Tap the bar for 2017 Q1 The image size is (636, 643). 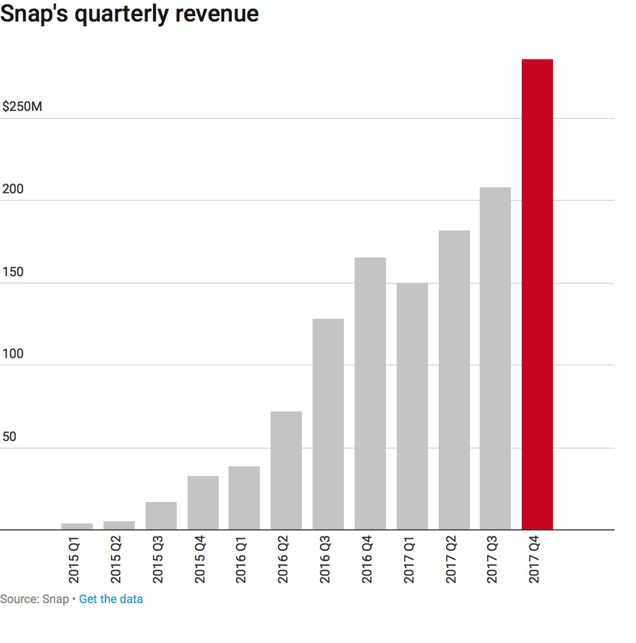pyautogui.click(x=412, y=407)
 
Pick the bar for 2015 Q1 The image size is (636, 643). pyautogui.click(x=77, y=527)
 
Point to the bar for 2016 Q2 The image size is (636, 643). pyautogui.click(x=286, y=471)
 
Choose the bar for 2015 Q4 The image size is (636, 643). pyautogui.click(x=203, y=503)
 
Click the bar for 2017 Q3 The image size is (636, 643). pyautogui.click(x=495, y=359)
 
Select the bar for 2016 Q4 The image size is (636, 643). pyautogui.click(x=370, y=394)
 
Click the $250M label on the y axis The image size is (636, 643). pyautogui.click(x=22, y=107)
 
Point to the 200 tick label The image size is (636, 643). pyautogui.click(x=13, y=189)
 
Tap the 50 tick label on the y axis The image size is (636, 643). pyautogui.click(x=9, y=437)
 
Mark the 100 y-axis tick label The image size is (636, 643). pyautogui.click(x=13, y=354)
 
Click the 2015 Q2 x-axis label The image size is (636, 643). pyautogui.click(x=116, y=560)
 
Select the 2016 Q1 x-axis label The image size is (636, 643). pyautogui.click(x=241, y=560)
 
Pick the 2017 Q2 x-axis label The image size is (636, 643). pyautogui.click(x=451, y=560)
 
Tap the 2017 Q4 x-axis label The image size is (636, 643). pyautogui.click(x=534, y=560)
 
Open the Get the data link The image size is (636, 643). pyautogui.click(x=111, y=599)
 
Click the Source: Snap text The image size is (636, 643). pyautogui.click(x=34, y=599)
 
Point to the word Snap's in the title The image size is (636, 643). pyautogui.click(x=34, y=13)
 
